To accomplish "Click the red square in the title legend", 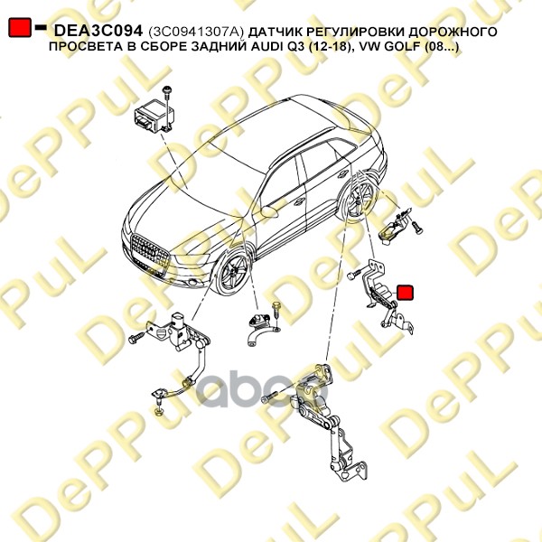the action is click(x=20, y=29).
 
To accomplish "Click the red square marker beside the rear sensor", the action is click(x=405, y=292).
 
